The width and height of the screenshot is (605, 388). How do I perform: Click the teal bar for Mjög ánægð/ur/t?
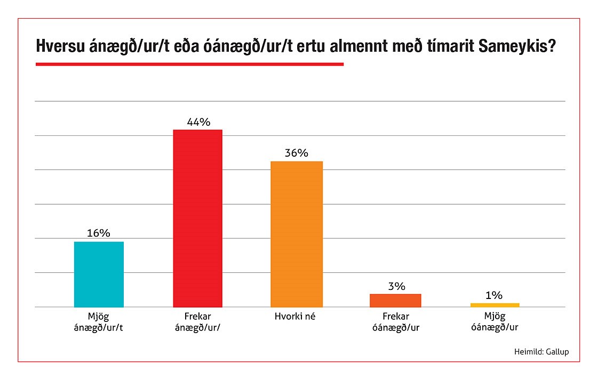pos(99,274)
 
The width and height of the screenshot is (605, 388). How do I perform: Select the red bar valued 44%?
pos(198,218)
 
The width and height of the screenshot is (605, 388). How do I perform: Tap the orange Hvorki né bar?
pos(297,234)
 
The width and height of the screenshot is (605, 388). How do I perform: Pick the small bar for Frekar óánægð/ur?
pos(395,301)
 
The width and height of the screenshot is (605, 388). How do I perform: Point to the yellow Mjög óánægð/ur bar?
pos(495,305)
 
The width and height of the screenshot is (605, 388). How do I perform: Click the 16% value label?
pos(99,233)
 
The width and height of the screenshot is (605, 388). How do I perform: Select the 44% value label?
pos(198,122)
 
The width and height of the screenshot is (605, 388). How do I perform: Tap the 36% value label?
pos(297,153)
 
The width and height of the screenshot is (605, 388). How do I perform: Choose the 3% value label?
pos(395,286)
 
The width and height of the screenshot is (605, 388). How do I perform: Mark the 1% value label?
pos(495,295)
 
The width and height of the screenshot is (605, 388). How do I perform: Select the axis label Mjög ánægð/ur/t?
pos(99,321)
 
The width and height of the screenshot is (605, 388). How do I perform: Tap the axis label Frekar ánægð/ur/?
pos(198,321)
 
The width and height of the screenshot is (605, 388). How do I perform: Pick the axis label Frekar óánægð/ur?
pos(395,321)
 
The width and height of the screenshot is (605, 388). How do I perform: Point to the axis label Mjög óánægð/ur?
pos(495,321)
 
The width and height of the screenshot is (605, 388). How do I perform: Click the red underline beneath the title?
pos(189,64)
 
